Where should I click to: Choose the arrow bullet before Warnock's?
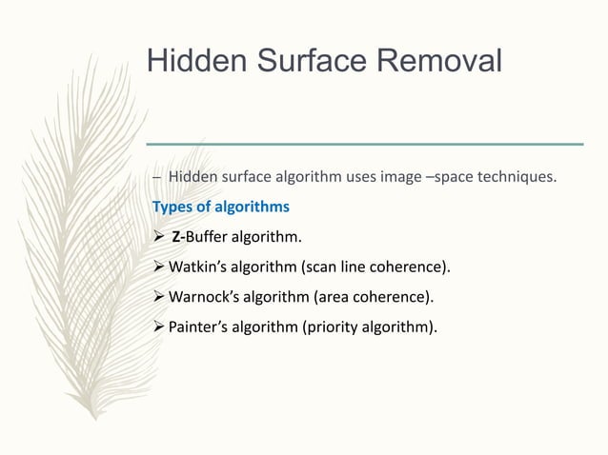coord(159,298)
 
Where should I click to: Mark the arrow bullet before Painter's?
coord(159,328)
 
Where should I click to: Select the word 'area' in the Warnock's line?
coord(332,298)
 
